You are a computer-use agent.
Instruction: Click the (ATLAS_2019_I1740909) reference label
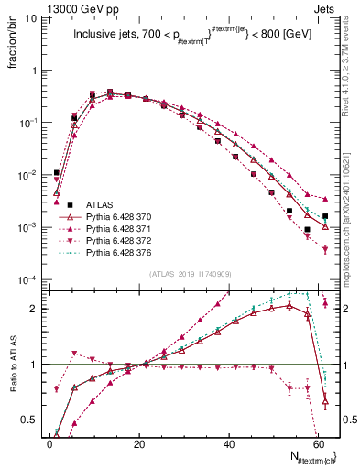click(191, 273)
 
